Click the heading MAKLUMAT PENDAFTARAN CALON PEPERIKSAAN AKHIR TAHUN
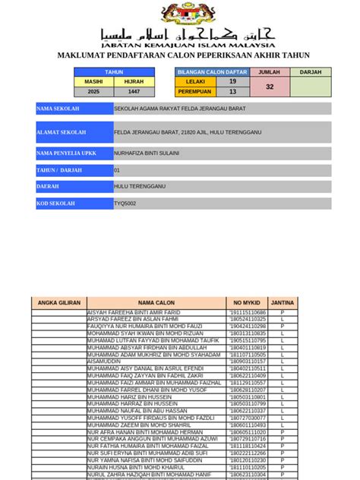tap(184, 55)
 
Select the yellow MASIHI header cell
tap(93, 81)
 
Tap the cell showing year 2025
tap(93, 91)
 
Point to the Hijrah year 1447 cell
tap(134, 91)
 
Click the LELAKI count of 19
tap(232, 81)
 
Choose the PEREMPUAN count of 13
tap(232, 91)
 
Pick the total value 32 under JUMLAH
tap(270, 87)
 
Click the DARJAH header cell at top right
tap(311, 72)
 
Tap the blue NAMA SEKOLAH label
tap(74, 109)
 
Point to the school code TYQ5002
tap(125, 204)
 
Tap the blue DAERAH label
tap(74, 187)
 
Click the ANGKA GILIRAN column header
tap(59, 303)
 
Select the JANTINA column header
tap(283, 303)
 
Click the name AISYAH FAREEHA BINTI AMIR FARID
tap(134, 313)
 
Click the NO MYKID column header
tap(247, 303)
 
